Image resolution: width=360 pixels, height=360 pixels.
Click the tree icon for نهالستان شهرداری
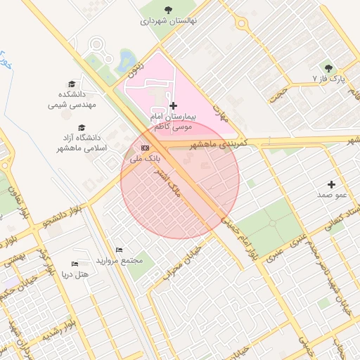(167, 10)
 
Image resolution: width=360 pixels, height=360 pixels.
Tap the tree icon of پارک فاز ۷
(328, 68)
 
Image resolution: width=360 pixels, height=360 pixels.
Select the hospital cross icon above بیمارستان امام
(174, 105)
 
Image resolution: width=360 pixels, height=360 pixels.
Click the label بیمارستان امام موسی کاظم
(174, 120)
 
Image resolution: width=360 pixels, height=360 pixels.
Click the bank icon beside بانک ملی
(145, 148)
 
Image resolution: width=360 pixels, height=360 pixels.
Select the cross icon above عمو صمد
(332, 184)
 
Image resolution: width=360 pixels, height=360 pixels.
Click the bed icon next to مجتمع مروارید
(119, 250)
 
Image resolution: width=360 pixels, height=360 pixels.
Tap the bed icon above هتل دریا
(75, 263)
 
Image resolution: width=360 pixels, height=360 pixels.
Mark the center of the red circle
(180, 180)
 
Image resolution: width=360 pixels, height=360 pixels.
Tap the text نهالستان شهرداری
(169, 21)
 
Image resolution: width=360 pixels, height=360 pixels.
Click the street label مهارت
(221, 112)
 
